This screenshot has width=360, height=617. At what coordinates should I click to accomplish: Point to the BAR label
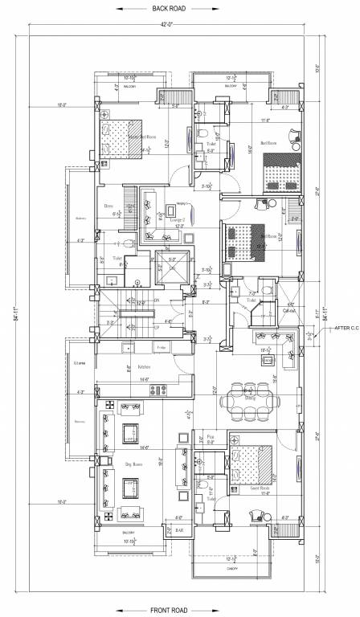[178, 530]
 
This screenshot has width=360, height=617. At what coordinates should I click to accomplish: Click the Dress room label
[108, 206]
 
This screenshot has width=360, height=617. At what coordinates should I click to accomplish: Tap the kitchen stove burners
[156, 390]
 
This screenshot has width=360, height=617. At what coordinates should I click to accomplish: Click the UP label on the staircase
[155, 328]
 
